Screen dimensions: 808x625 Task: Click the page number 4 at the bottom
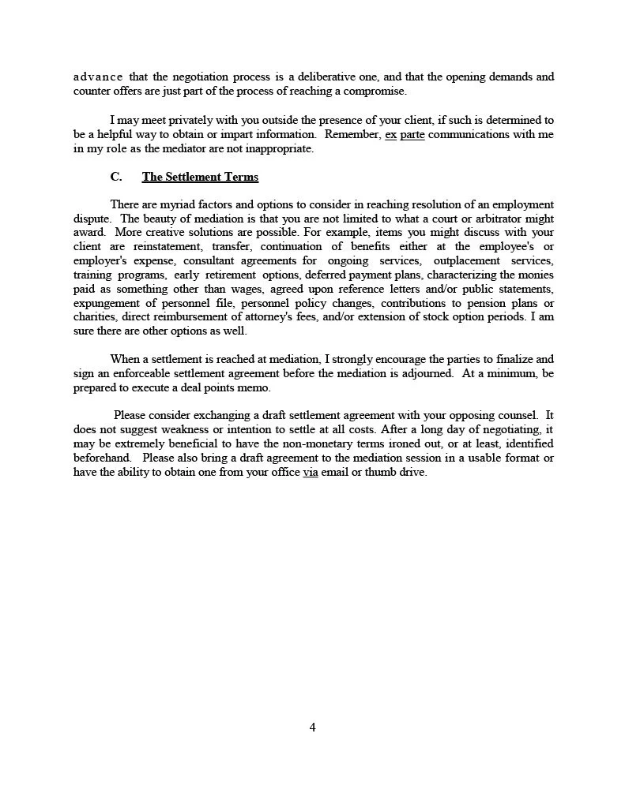tap(312, 727)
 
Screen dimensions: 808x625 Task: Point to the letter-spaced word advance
tap(97, 77)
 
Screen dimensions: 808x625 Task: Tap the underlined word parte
tap(407, 134)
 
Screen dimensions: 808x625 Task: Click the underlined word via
tap(311, 472)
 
